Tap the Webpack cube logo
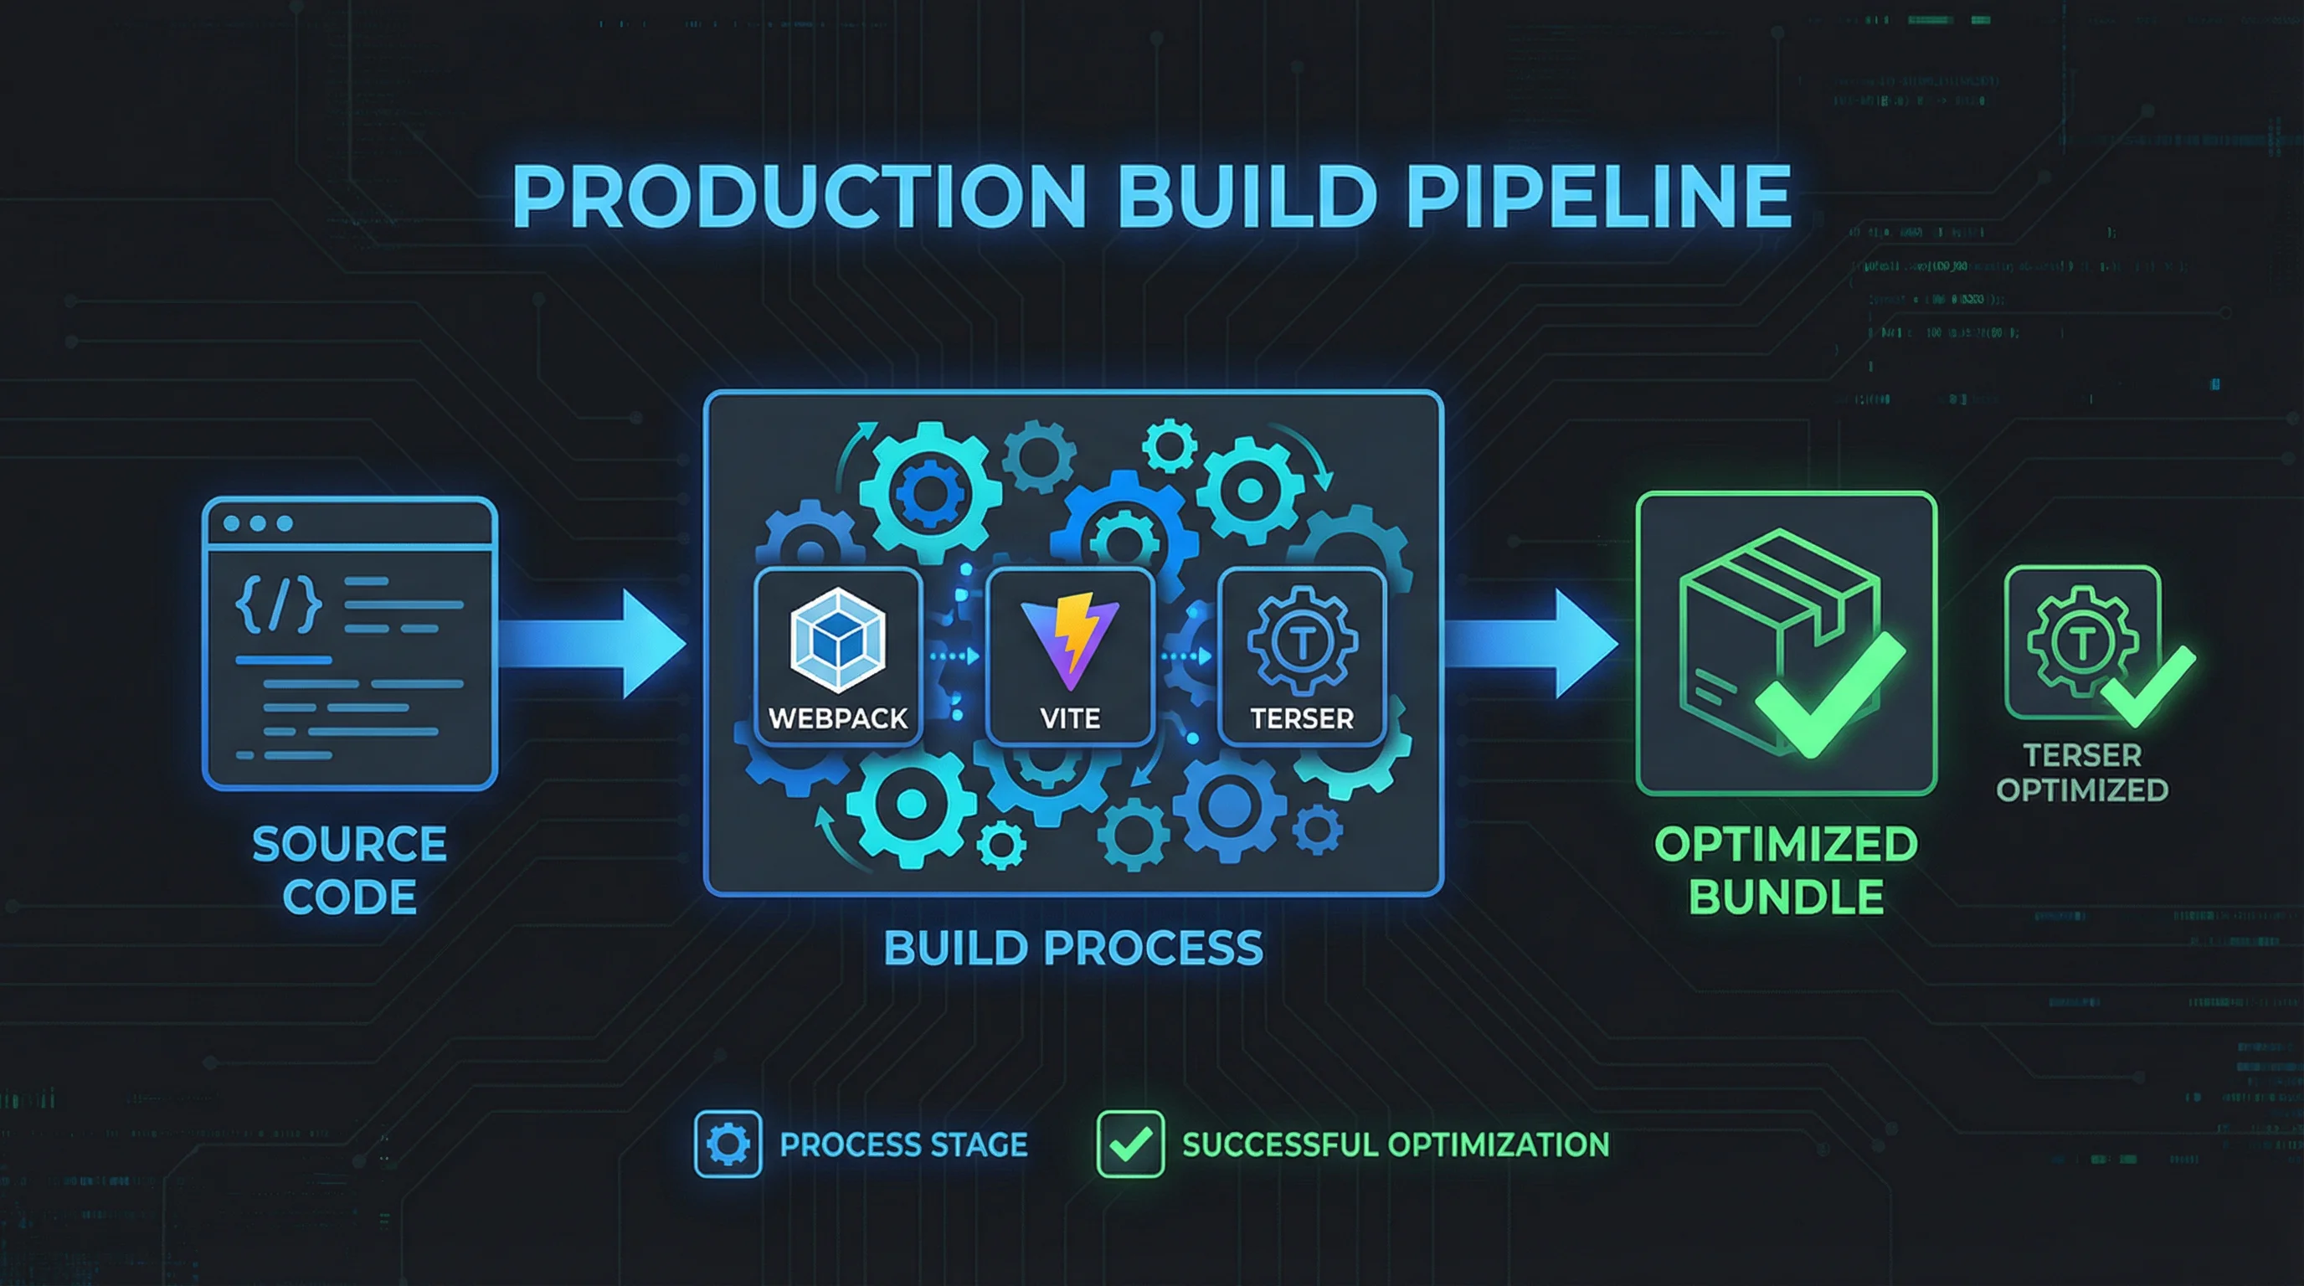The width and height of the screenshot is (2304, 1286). [837, 640]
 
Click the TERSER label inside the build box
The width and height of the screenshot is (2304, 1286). [1301, 718]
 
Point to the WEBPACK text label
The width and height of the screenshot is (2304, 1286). [837, 718]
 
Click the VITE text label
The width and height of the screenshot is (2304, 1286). [1070, 718]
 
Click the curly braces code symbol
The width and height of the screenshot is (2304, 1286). [278, 604]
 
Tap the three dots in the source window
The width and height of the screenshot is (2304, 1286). [258, 523]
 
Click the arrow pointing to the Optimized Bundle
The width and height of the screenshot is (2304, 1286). [1533, 643]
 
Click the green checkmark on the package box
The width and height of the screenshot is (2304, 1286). [1829, 694]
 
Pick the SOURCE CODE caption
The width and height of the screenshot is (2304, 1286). [349, 870]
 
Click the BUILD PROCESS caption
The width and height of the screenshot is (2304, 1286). [1072, 948]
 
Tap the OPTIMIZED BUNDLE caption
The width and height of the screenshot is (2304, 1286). [1785, 870]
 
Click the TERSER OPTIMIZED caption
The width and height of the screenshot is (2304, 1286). [2081, 773]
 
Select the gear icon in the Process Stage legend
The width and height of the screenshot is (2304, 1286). [728, 1144]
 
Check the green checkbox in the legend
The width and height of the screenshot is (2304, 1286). [1129, 1144]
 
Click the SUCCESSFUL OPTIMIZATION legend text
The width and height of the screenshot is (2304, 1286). [1396, 1145]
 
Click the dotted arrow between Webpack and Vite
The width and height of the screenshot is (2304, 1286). [954, 656]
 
